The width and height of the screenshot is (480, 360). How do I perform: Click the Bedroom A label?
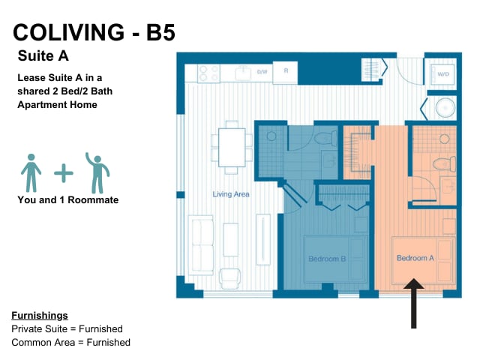[x=415, y=258]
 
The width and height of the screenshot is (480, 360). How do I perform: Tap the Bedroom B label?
[x=327, y=259]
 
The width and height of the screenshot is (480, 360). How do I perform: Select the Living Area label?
[x=231, y=194]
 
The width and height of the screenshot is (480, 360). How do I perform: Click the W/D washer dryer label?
[x=443, y=74]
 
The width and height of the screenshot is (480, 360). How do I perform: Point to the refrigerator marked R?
[x=285, y=73]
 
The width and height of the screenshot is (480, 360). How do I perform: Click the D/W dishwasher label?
[x=262, y=72]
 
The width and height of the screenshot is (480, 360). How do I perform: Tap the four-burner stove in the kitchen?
[x=208, y=73]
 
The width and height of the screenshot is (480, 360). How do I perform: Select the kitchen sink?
[x=243, y=73]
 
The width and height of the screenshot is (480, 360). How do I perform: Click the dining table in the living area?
[x=232, y=148]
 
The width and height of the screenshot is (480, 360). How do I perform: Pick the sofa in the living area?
[x=201, y=245]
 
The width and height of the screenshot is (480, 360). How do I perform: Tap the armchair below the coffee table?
[x=229, y=278]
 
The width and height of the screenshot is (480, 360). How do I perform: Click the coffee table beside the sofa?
[x=231, y=240]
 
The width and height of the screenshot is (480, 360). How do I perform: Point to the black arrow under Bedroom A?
[x=413, y=303]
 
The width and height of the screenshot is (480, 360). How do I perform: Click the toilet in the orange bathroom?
[x=444, y=163]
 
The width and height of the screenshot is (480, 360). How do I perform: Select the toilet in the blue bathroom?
[x=325, y=138]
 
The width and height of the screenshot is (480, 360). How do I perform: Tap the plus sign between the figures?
[x=64, y=173]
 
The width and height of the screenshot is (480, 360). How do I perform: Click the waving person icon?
[x=97, y=173]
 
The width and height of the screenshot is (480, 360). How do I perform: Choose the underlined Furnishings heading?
[x=40, y=316]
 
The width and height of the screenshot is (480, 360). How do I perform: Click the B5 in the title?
[x=160, y=32]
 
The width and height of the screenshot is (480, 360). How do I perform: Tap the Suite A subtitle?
[x=43, y=56]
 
